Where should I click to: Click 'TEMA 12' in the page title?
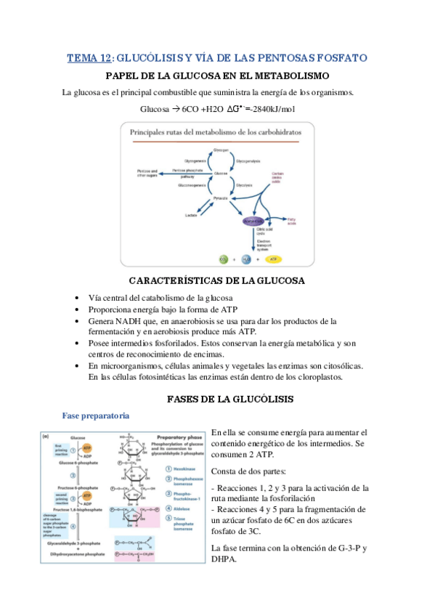(x=89, y=57)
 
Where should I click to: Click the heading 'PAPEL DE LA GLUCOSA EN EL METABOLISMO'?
(x=218, y=76)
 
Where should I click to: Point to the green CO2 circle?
(x=224, y=258)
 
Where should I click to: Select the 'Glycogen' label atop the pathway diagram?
(x=221, y=149)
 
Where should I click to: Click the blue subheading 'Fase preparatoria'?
(x=96, y=416)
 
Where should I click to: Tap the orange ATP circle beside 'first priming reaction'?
(x=87, y=451)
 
